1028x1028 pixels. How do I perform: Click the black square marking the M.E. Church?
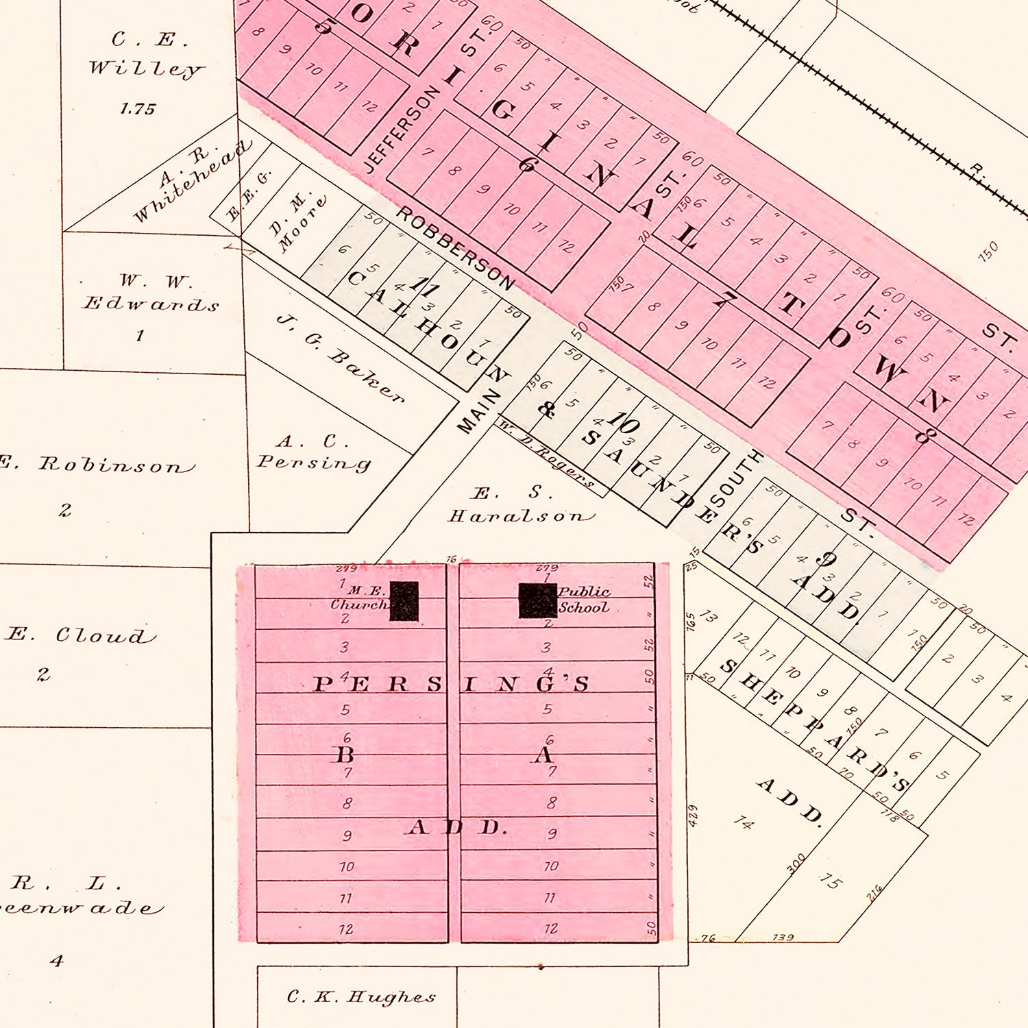click(x=404, y=601)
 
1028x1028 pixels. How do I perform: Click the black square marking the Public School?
click(x=537, y=600)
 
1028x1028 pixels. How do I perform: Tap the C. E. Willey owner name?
click(x=145, y=55)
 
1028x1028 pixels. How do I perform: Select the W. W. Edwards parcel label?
click(x=151, y=293)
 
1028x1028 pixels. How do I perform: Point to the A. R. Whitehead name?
click(x=191, y=180)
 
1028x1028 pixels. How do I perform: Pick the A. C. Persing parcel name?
click(x=314, y=452)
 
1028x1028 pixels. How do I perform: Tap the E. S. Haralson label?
click(x=520, y=505)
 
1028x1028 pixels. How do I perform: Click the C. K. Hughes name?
click(x=360, y=996)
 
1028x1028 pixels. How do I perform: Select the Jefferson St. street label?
click(x=401, y=129)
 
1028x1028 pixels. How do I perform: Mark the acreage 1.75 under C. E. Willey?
click(x=138, y=109)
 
